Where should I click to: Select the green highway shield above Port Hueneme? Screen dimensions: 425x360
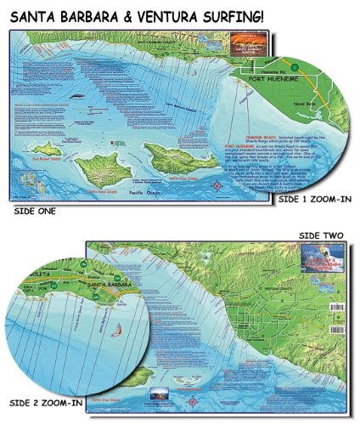(x=294, y=66)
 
